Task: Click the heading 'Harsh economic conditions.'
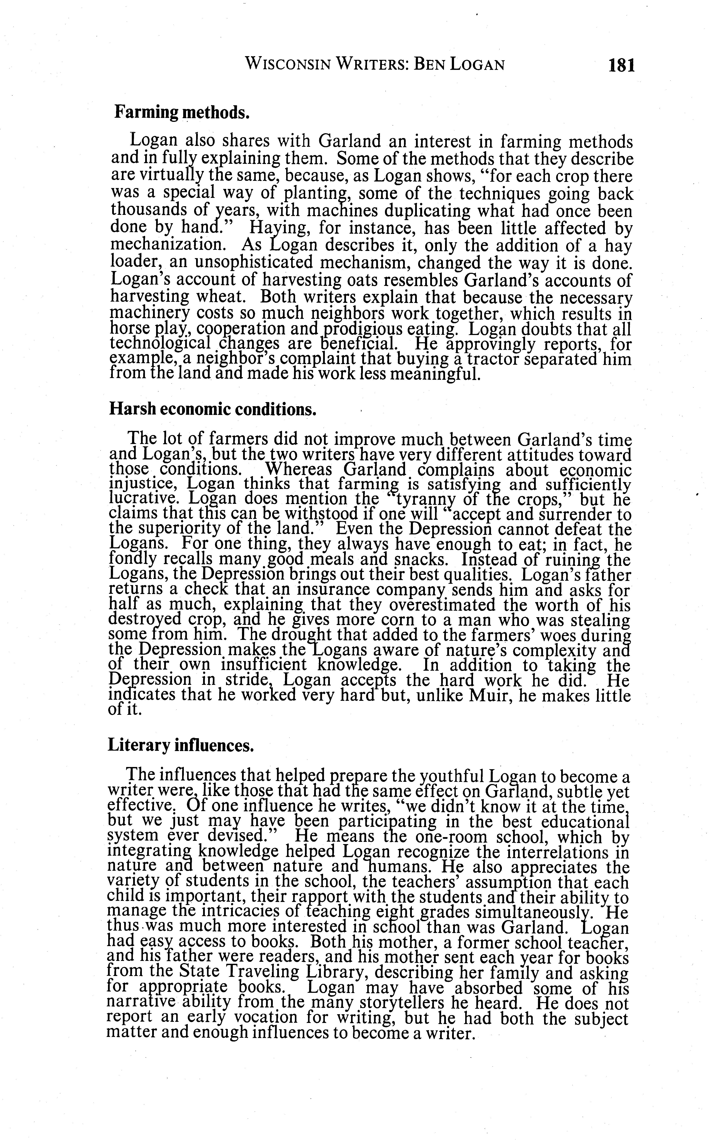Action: point(213,409)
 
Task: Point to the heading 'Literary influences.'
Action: point(181,744)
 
